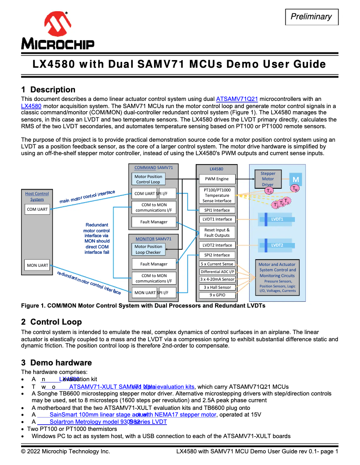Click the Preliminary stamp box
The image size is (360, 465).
click(x=312, y=17)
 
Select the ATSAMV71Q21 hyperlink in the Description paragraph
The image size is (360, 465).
click(x=237, y=99)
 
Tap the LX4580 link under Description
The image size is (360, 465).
click(x=31, y=106)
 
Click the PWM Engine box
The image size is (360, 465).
click(x=217, y=179)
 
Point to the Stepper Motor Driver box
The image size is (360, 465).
click(x=268, y=179)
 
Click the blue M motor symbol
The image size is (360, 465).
click(x=296, y=179)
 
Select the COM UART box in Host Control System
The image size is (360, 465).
click(x=37, y=209)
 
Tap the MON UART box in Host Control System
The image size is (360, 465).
click(x=37, y=265)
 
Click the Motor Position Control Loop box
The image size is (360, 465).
click(x=149, y=179)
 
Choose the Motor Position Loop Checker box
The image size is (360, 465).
click(x=149, y=249)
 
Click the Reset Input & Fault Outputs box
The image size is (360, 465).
click(x=217, y=233)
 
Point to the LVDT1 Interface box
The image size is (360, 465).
click(x=217, y=219)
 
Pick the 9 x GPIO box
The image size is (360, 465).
click(x=217, y=295)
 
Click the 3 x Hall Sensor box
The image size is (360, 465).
click(x=217, y=287)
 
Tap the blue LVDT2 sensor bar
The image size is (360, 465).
click(x=277, y=245)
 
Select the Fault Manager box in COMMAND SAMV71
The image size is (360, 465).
click(x=154, y=222)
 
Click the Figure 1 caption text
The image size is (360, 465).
click(x=143, y=306)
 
